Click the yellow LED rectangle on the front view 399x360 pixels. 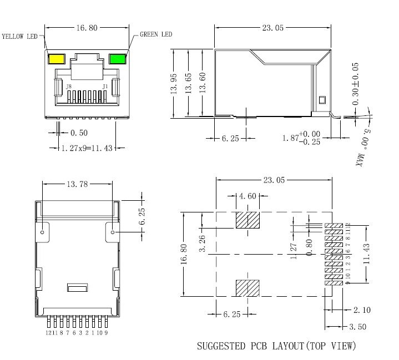coord(57,59)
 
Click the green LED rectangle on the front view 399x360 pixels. coord(117,59)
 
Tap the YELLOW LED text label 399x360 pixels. coord(19,37)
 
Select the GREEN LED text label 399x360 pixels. coord(155,34)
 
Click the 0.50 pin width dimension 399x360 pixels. coord(79,133)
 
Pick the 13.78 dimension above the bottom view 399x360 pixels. coord(78,184)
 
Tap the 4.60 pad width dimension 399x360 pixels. coord(248,196)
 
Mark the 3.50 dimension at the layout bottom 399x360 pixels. coord(358,327)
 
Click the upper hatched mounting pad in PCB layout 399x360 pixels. coord(248,220)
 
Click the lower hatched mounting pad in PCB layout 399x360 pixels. coord(248,288)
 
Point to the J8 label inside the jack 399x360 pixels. coord(68,88)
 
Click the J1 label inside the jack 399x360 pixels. coord(105,88)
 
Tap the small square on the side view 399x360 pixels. coord(322,100)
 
